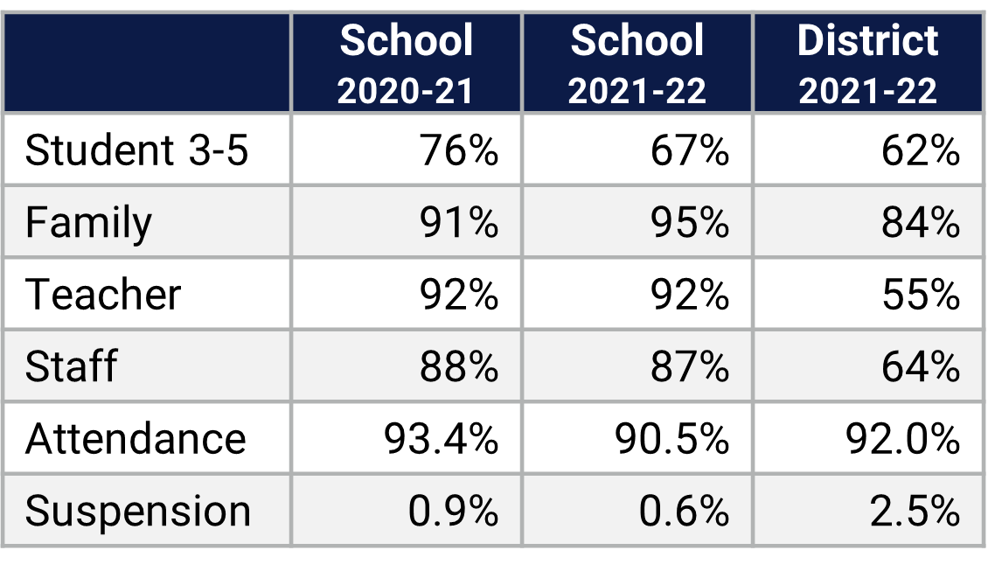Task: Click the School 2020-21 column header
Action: (x=407, y=64)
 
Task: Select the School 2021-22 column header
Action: (x=637, y=64)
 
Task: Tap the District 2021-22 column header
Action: (x=867, y=64)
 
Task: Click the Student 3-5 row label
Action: (x=136, y=150)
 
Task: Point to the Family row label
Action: (x=88, y=223)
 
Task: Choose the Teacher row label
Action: (x=103, y=295)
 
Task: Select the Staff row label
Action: (x=71, y=366)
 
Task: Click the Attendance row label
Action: (x=136, y=438)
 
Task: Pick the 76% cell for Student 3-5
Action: (x=459, y=150)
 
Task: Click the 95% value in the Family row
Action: (x=690, y=223)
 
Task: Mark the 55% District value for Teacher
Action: (x=921, y=295)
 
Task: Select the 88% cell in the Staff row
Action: (x=459, y=366)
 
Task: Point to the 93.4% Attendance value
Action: (x=441, y=438)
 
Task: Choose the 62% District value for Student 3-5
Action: (x=921, y=150)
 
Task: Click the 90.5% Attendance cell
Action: (x=671, y=438)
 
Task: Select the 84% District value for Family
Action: (x=921, y=223)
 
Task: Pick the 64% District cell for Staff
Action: (x=921, y=366)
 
